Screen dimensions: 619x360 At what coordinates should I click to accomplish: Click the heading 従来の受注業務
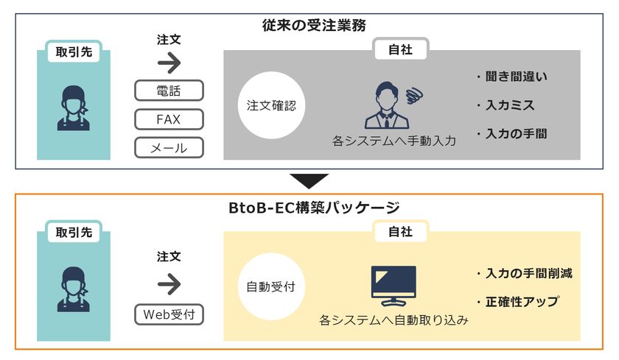pos(314,26)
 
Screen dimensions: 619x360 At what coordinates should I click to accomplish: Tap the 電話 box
pos(169,91)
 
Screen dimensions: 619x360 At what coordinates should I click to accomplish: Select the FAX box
pos(169,119)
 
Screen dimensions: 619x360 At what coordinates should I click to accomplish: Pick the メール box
pos(169,148)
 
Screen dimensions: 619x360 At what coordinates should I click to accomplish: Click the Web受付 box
pos(169,314)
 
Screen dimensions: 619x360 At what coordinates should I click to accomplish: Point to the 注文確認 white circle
pos(271,105)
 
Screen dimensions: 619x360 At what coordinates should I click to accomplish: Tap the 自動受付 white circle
pos(271,286)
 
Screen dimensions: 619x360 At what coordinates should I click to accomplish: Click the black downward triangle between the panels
pos(309,180)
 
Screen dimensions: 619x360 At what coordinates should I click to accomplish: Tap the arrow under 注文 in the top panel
pos(169,63)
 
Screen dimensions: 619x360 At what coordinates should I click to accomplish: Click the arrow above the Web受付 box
pos(169,284)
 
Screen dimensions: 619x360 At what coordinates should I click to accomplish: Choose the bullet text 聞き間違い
pos(517,77)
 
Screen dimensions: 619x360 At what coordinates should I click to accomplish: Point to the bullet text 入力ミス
pos(510,105)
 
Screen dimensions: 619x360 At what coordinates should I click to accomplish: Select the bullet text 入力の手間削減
pos(529,273)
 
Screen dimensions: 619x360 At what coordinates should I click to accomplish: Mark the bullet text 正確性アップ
pos(522,302)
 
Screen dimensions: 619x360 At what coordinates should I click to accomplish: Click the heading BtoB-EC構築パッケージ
pos(314,208)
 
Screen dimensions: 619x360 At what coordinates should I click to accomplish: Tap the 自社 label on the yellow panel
pos(400,231)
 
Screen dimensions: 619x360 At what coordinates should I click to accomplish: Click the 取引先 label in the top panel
pos(74,52)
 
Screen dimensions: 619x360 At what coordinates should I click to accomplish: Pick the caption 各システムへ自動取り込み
pos(394,320)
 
